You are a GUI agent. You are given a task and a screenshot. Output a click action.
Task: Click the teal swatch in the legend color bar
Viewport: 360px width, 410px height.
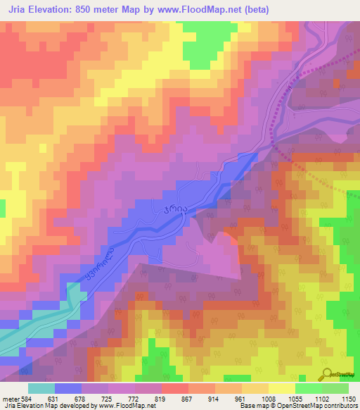click(x=41, y=388)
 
